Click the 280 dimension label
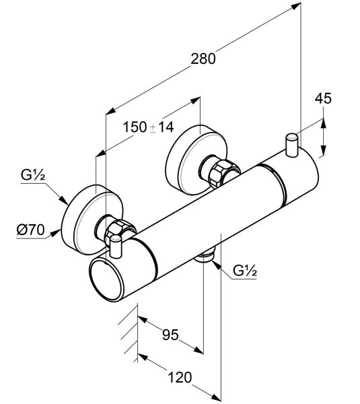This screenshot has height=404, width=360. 203,59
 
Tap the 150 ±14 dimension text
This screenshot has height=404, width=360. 148,127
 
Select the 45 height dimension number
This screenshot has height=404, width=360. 323,98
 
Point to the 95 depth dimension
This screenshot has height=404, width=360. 170,335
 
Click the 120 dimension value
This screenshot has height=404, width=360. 180,378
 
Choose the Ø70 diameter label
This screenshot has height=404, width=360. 30,230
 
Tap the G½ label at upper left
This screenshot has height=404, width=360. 33,175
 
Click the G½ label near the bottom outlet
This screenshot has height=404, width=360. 245,271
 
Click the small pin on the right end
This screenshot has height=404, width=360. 292,145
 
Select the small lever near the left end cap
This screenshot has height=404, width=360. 116,246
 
